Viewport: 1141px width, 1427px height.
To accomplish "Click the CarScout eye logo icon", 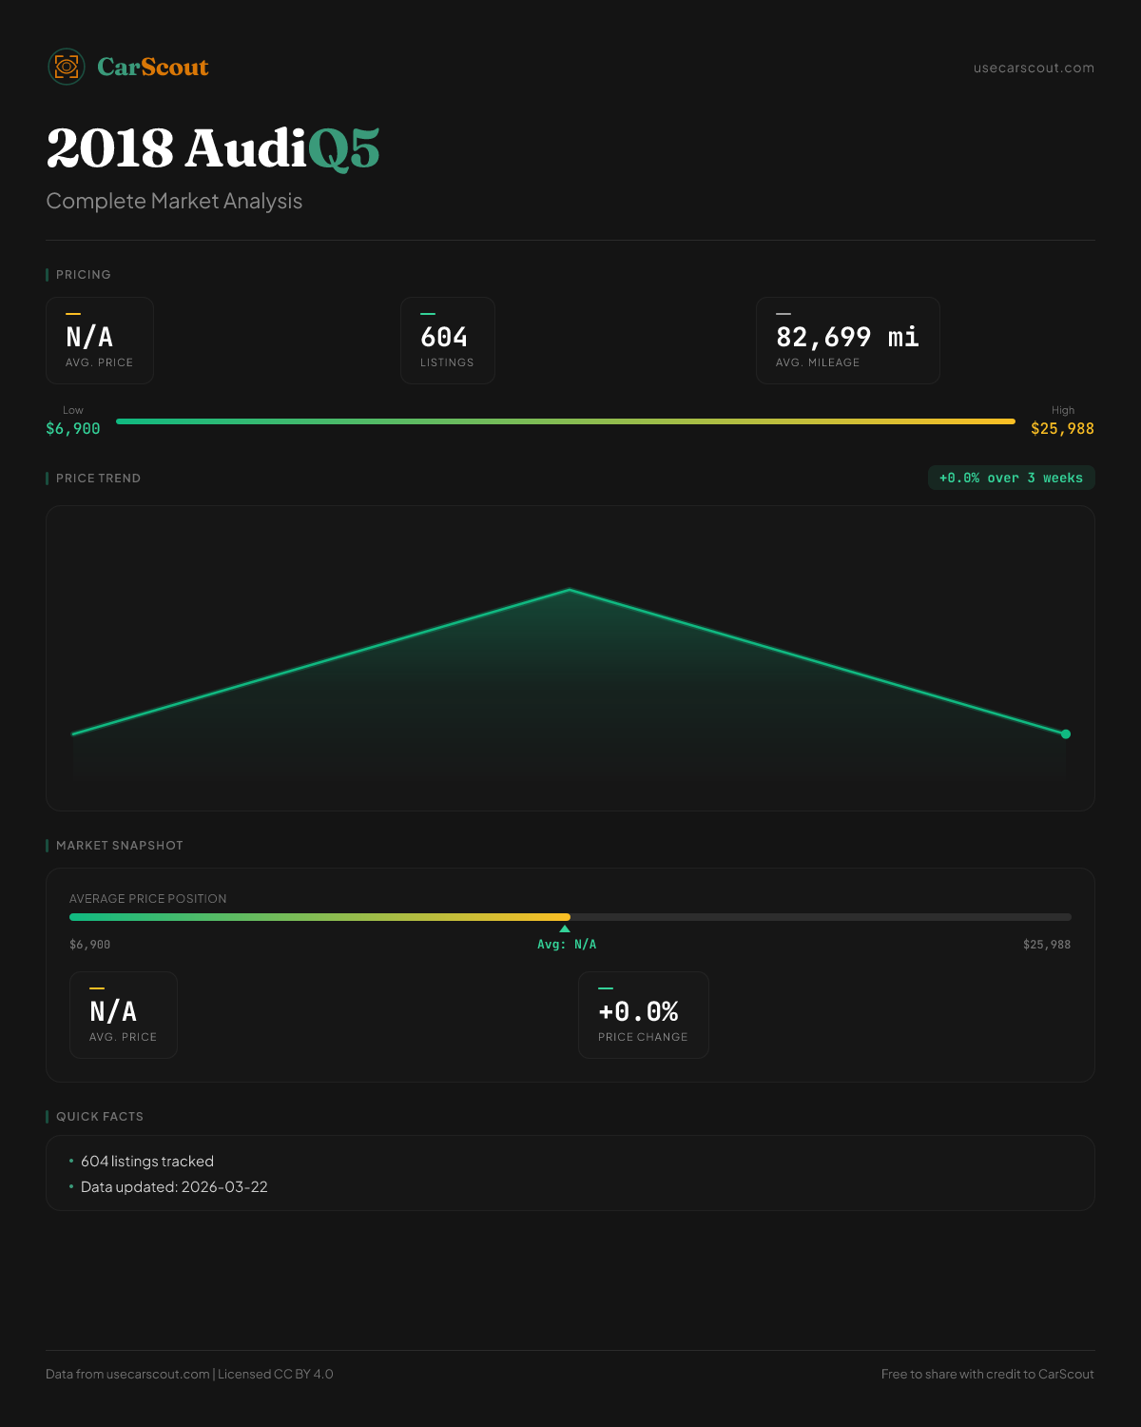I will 67,67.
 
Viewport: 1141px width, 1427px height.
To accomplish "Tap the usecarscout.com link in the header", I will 1034,68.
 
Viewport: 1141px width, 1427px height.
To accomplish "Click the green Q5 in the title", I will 343,149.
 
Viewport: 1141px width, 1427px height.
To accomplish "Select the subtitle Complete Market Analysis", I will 174,202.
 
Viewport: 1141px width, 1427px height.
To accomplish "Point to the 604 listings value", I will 444,337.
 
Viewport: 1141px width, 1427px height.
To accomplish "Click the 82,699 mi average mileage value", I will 847,337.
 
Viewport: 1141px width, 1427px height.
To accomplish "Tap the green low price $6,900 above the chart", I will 73,429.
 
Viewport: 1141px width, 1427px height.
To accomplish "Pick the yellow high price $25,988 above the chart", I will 1062,429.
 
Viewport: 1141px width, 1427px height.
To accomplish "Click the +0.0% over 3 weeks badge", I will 1011,478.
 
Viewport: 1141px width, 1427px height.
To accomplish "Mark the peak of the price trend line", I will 570,590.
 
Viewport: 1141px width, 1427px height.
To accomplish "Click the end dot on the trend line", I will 1066,733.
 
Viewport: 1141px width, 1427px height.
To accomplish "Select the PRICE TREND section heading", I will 98,479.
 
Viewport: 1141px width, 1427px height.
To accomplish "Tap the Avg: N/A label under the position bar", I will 567,945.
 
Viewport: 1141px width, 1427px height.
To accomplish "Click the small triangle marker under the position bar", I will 565,929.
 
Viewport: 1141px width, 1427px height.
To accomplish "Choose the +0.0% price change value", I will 638,1011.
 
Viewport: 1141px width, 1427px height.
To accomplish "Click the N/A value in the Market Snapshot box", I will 113,1011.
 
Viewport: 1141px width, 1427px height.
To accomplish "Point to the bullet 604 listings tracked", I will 147,1162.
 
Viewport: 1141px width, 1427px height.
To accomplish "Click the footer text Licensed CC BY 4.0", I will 275,1374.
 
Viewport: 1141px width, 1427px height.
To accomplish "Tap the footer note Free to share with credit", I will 987,1374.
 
